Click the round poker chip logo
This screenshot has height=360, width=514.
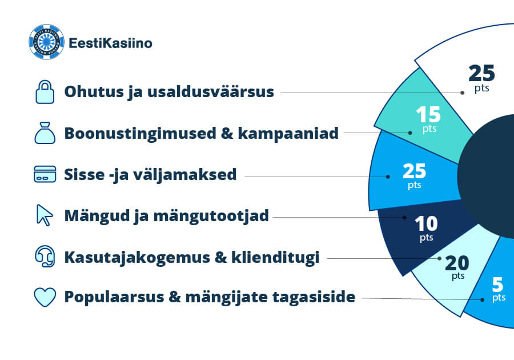coord(47,42)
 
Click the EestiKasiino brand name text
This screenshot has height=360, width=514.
coord(110,43)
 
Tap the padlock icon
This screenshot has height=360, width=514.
coord(45,92)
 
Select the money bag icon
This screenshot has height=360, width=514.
coord(45,133)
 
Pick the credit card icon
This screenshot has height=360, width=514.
coord(45,174)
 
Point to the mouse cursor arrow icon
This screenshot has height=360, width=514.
coord(45,215)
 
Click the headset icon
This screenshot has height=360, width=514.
coord(45,256)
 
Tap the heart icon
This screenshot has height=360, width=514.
coord(45,297)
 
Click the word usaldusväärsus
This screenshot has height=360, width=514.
coord(210,91)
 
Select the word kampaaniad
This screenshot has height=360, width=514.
coord(288,133)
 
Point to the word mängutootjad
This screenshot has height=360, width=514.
coord(211,216)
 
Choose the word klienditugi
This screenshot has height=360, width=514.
coord(275,257)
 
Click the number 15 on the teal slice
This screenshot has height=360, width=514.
coord(428,115)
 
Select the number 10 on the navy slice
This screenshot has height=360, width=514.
coord(426,224)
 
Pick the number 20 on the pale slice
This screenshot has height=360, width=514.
coord(457,263)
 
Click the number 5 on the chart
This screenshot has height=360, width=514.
coord(497,285)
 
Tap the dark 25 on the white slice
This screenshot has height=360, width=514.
coord(481,73)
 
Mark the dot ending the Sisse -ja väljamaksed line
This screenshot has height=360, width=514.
coord(388,177)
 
